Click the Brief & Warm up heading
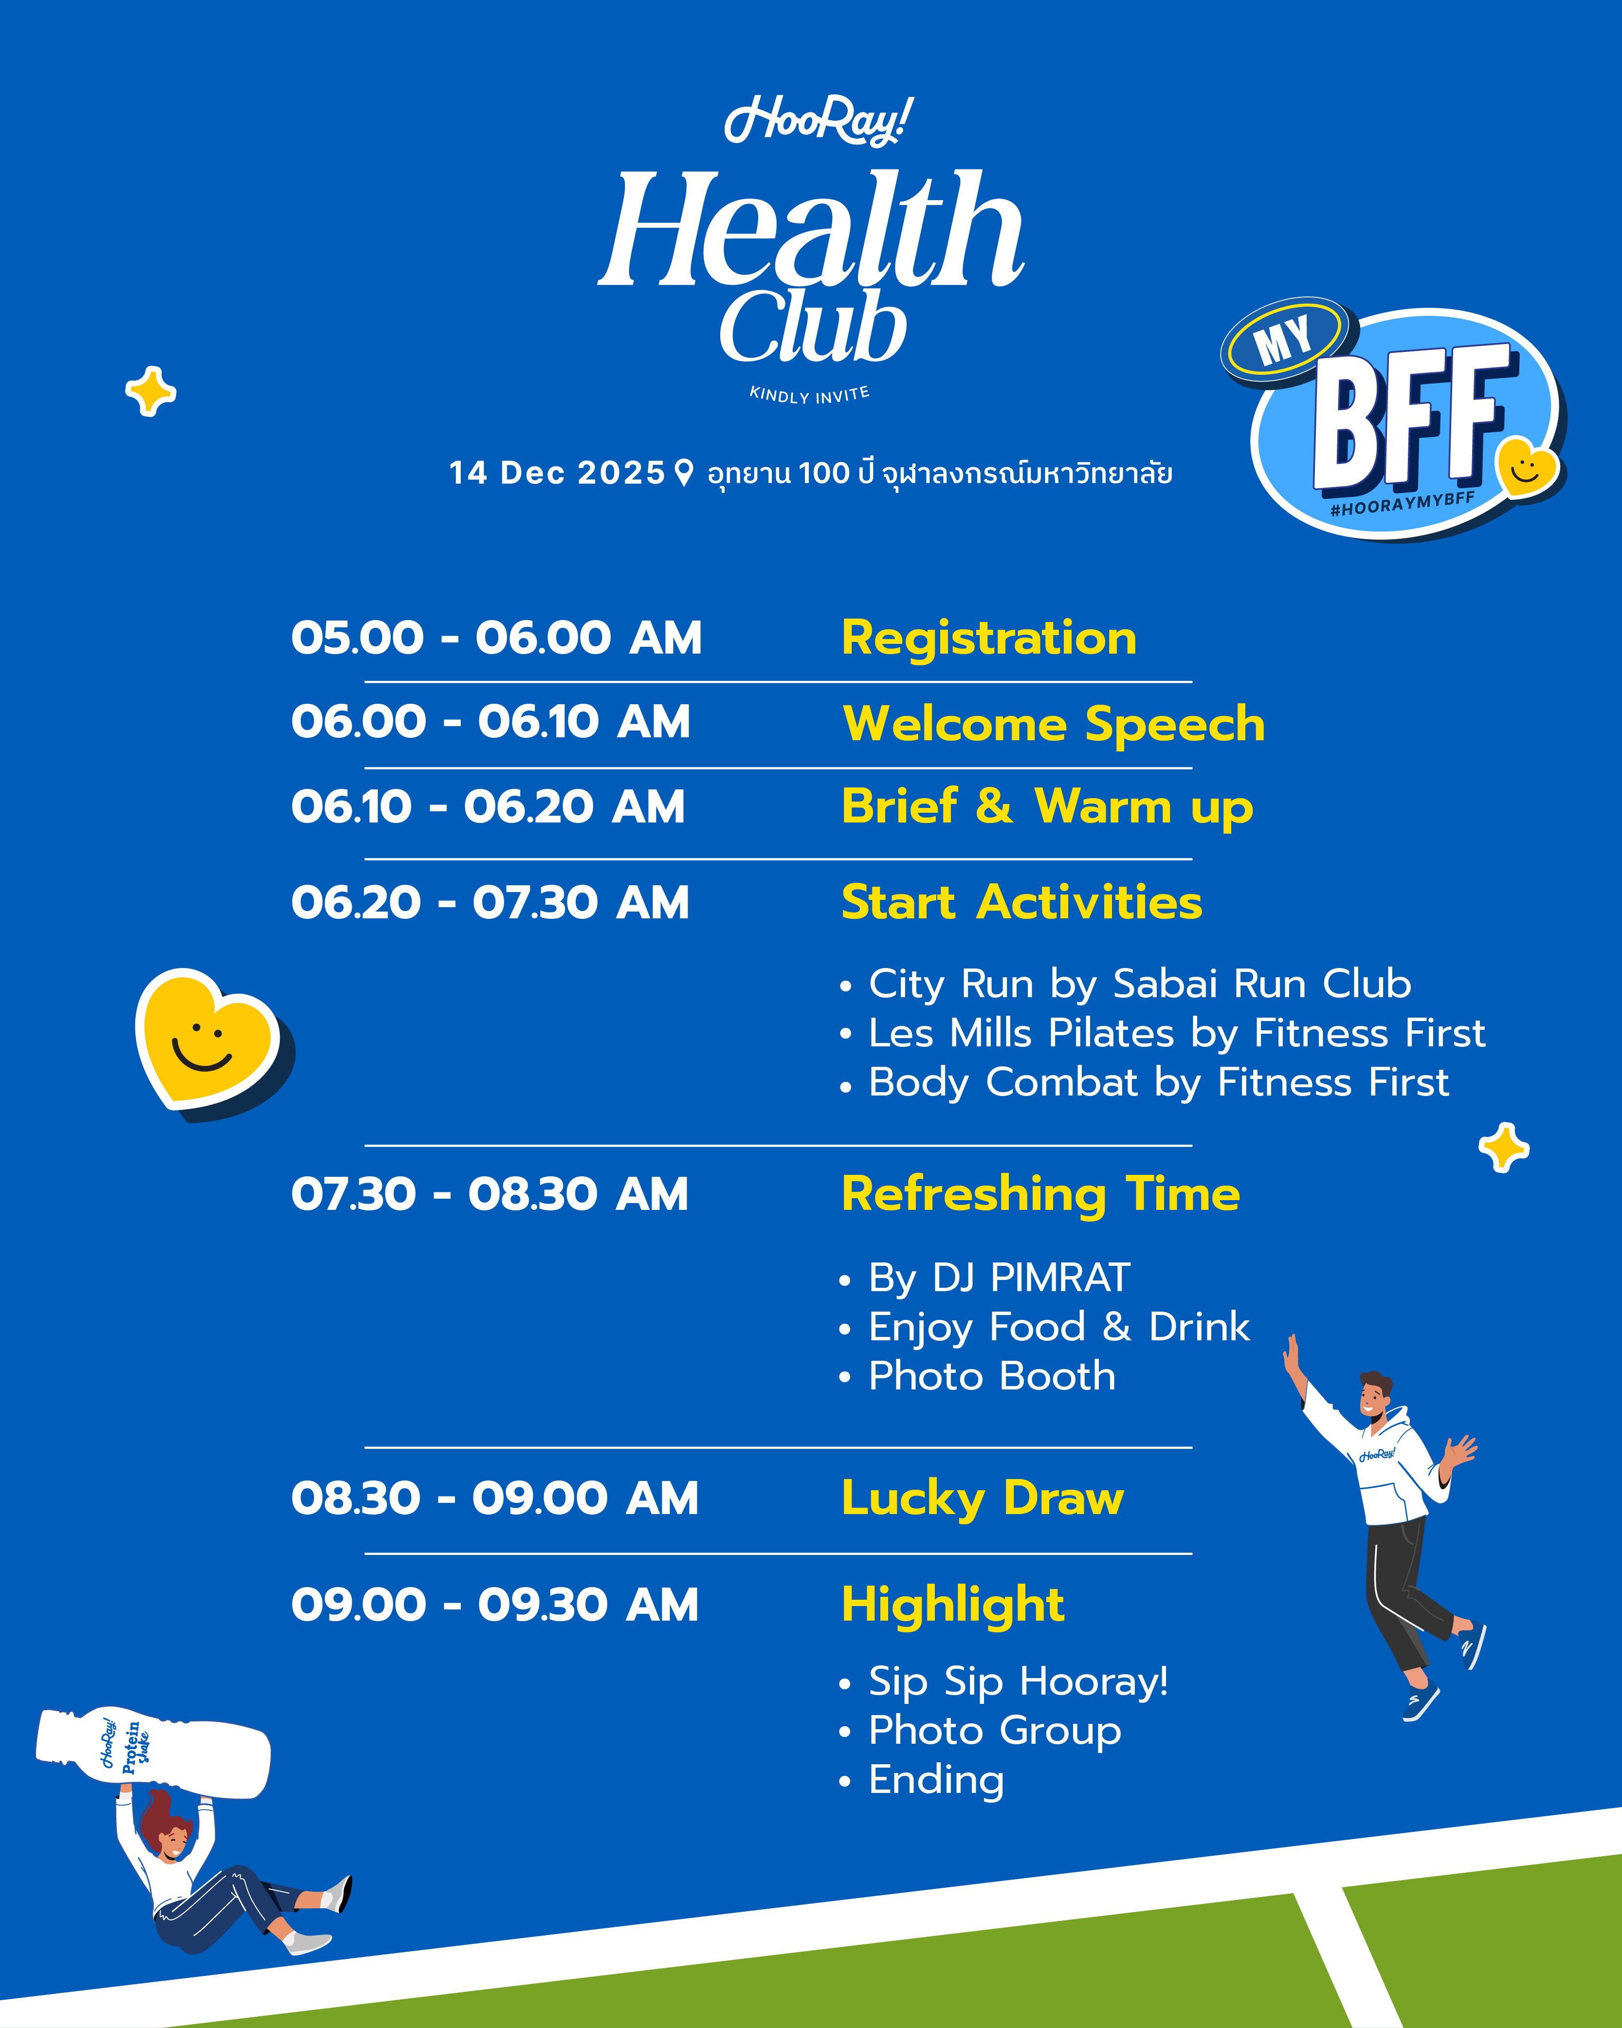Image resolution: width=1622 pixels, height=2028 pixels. point(1047,807)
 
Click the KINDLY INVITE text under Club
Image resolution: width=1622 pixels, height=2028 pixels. point(809,394)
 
